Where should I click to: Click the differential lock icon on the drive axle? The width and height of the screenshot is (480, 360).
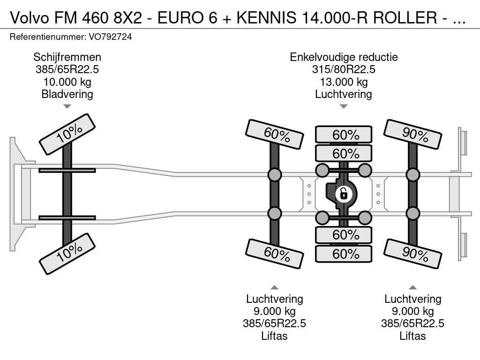344,194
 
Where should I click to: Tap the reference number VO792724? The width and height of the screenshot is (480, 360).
110,37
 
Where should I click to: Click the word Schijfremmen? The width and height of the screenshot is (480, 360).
67,57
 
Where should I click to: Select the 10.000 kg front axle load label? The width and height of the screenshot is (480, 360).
67,82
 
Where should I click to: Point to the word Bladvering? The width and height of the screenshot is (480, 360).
67,94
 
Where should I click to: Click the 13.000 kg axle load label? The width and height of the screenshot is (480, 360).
344,82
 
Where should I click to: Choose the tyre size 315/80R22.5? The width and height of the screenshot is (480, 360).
344,69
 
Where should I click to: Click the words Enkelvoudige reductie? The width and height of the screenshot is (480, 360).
344,57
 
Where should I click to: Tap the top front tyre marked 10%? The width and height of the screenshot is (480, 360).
67,135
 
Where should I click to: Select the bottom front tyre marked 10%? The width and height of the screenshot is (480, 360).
67,254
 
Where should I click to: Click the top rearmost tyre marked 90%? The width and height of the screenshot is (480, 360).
412,135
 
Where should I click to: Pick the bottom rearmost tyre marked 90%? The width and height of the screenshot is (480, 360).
412,254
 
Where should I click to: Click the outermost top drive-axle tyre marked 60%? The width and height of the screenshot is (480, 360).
344,135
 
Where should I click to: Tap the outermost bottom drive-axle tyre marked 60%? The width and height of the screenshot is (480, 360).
344,254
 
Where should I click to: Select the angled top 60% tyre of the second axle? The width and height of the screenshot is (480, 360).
274,135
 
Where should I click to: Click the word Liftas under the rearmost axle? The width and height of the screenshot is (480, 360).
412,336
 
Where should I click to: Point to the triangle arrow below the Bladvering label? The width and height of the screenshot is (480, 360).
67,106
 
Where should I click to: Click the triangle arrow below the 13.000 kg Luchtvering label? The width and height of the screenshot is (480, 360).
344,106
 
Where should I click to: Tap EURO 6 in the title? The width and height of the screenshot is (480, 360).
187,18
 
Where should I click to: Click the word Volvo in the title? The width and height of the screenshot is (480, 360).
30,18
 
